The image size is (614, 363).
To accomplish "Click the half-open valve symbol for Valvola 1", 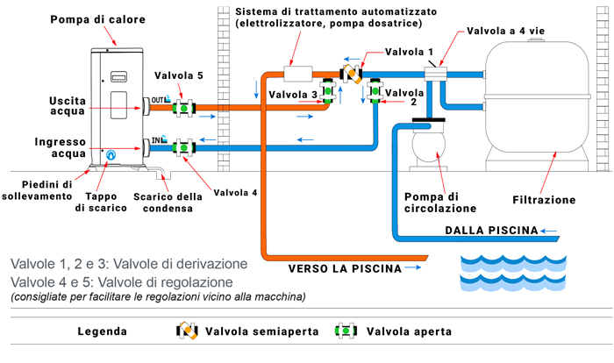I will tap(353, 72).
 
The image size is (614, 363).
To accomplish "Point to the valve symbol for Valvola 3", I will tap(328, 92).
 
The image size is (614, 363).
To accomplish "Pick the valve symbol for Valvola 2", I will tap(375, 92).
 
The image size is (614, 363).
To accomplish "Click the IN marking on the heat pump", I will tap(159, 139).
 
